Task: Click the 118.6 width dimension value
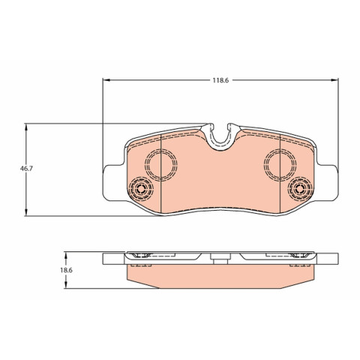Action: [220, 80]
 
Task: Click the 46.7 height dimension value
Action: [26, 169]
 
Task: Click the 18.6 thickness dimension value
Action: [66, 270]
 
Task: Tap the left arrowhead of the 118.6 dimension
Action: [106, 80]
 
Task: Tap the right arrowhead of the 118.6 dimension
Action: [334, 80]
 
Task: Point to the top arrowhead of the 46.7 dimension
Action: [26, 127]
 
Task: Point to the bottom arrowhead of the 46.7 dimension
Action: [26, 212]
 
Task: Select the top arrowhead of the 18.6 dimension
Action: [66, 255]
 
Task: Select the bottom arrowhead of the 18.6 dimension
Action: [66, 285]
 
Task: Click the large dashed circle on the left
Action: [160, 149]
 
